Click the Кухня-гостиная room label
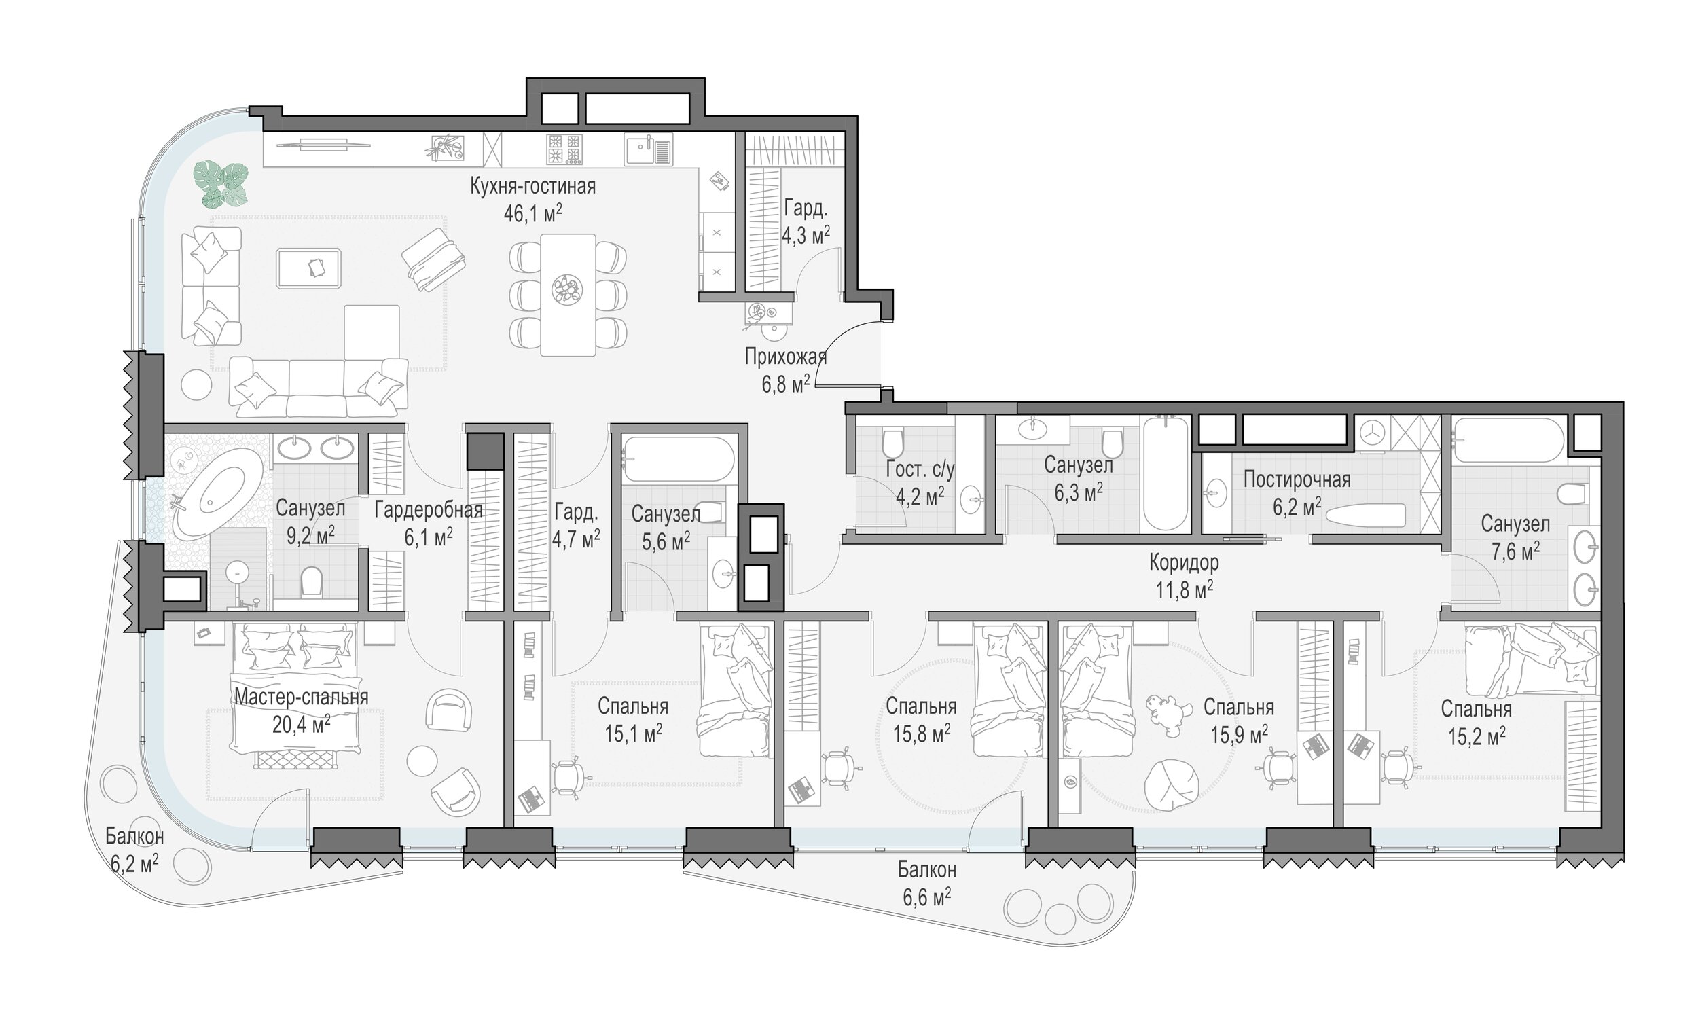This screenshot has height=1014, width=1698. (x=533, y=187)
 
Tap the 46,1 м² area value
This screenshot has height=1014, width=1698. (x=533, y=214)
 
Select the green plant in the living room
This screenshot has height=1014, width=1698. (x=220, y=184)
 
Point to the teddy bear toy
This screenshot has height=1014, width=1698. (x=1162, y=716)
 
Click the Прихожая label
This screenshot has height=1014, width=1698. (x=786, y=357)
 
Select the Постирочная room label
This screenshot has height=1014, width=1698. (x=1297, y=479)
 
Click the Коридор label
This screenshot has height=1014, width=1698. (x=1184, y=562)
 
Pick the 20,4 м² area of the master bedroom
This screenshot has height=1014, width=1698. (x=302, y=724)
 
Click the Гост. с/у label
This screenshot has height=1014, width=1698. (x=920, y=469)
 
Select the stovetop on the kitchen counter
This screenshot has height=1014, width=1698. (x=564, y=149)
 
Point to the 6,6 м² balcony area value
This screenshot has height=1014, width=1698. (x=927, y=897)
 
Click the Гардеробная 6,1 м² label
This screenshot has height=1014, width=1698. (x=429, y=524)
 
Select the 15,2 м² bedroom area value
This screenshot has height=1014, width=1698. (x=1477, y=737)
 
